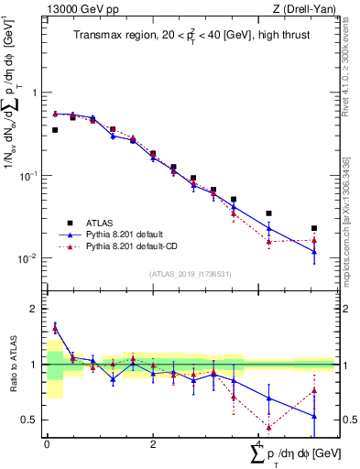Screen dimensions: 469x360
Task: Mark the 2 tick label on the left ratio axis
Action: [x=32, y=309]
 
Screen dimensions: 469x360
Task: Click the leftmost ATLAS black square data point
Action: [x=55, y=130]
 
